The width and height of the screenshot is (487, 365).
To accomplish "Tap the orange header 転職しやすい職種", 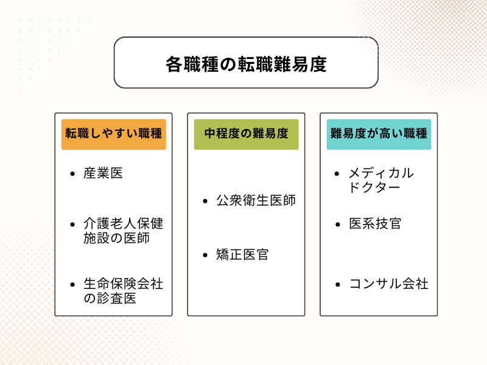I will point(114,134).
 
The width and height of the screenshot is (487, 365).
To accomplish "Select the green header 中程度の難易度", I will point(246,134).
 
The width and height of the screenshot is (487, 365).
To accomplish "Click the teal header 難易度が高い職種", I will point(379,134).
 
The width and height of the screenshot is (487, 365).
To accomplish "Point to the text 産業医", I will point(103,173).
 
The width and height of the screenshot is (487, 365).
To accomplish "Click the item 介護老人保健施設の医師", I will point(124,231).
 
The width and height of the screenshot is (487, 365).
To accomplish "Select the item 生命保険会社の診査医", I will point(124,291).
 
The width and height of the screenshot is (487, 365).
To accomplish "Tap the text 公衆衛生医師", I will point(256,200).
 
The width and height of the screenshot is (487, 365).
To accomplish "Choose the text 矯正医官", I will point(242,254).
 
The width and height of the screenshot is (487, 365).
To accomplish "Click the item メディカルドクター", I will point(380,180).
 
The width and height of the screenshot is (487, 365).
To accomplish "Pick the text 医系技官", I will point(375,223).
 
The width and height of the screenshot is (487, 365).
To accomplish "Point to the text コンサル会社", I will point(388,283).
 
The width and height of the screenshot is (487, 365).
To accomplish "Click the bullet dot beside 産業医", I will point(73,173).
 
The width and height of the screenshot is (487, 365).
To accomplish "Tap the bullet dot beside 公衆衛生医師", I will point(205,201).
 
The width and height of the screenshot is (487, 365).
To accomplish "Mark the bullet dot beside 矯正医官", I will point(205,255).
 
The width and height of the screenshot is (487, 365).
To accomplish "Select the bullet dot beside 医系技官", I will point(338,224).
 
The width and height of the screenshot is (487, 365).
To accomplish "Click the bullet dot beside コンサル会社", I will point(338,284).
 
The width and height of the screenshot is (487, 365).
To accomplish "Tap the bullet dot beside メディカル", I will point(338,173).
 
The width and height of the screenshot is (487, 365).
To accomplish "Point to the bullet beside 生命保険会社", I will point(73,284).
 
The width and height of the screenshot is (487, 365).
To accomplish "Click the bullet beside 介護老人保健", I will point(73,224).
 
